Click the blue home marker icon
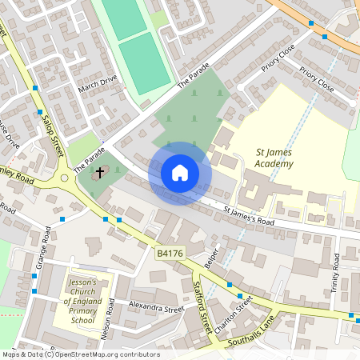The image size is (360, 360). tap(180, 173)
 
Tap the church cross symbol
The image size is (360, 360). tap(100, 172)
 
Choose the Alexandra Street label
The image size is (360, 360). tap(157, 308)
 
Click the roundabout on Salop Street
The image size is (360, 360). tap(63, 178)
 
